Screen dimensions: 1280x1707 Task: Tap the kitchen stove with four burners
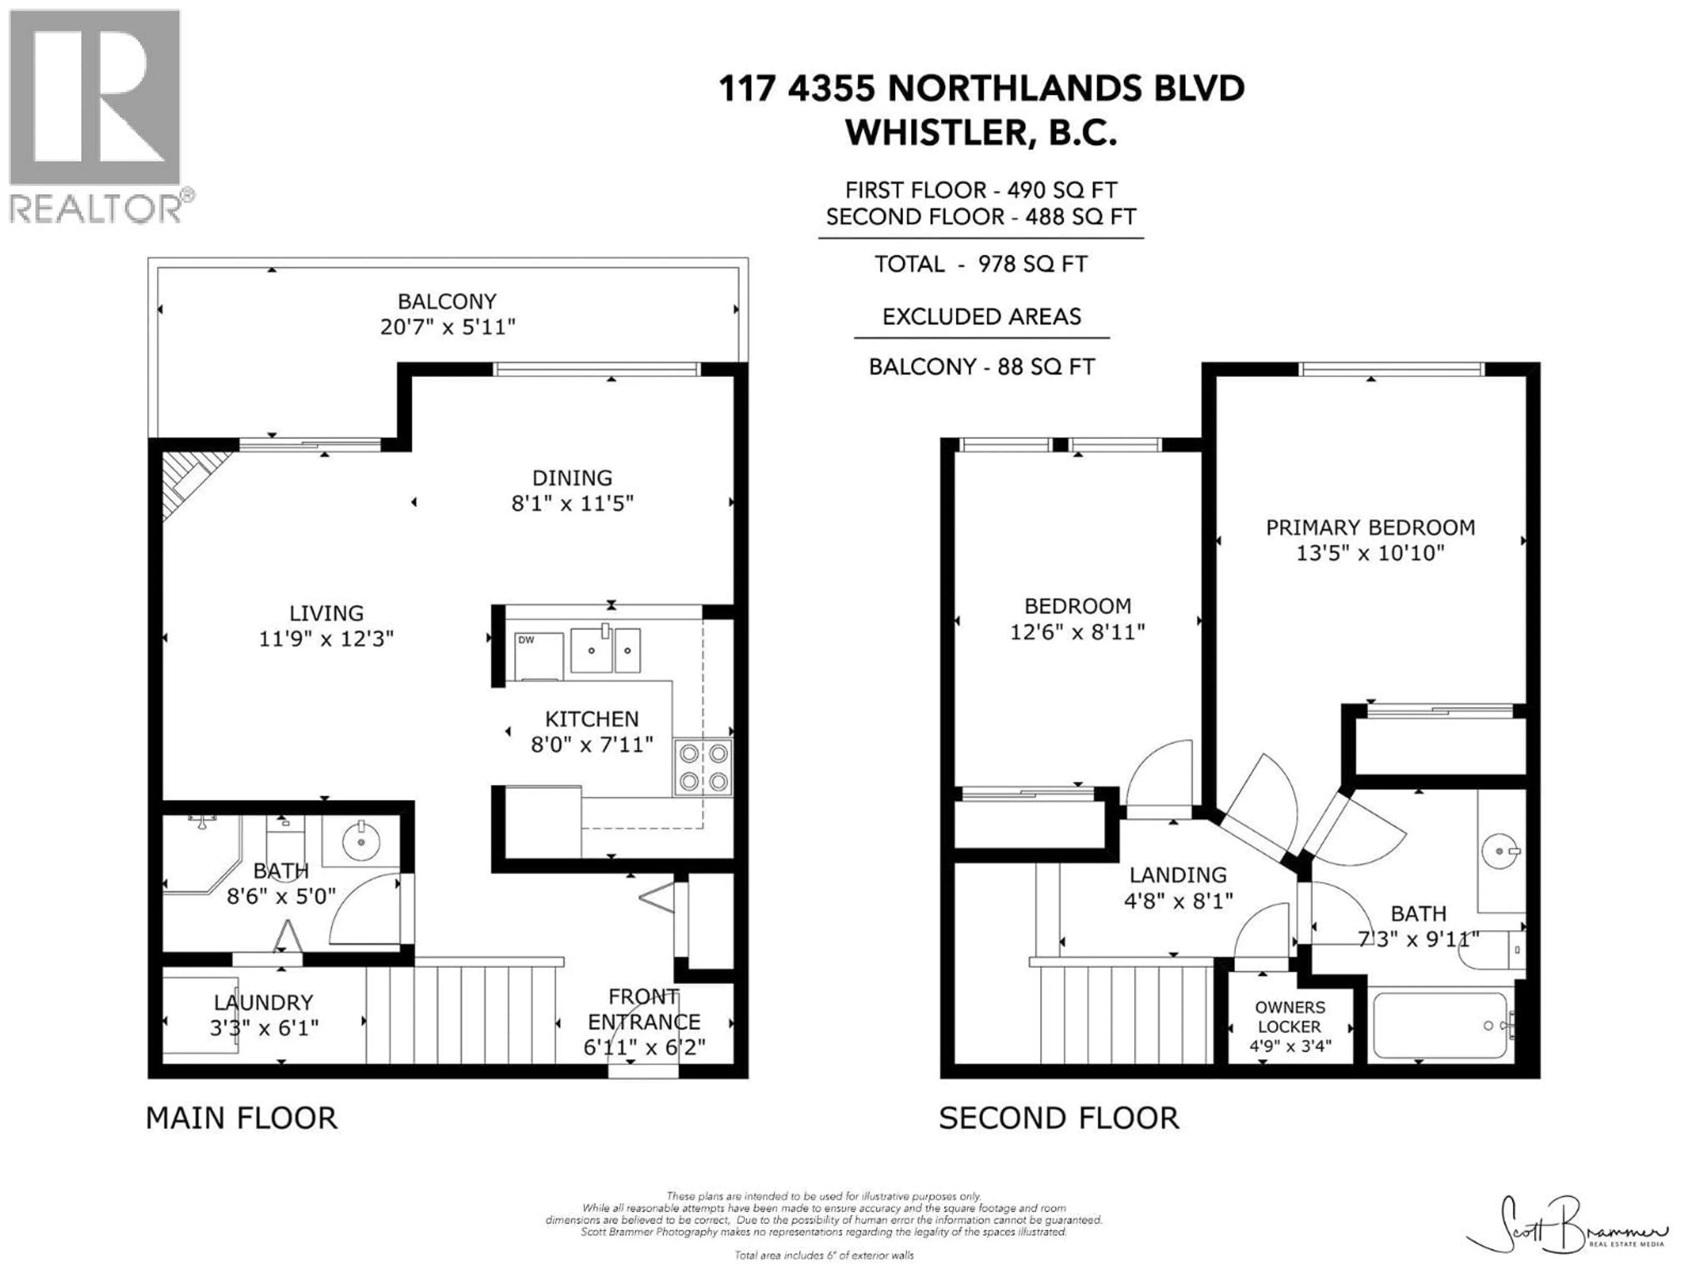[x=702, y=767]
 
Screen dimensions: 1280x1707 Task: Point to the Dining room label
[x=572, y=478]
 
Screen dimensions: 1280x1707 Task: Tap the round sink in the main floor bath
[x=360, y=840]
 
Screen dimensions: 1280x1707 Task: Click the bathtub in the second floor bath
[x=1440, y=1026]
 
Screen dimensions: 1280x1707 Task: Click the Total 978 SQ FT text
[x=980, y=264]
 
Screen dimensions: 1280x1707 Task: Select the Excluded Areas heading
[x=981, y=317]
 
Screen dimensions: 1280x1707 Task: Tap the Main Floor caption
[x=241, y=1118]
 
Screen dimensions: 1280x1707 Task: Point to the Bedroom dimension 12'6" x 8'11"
[x=1077, y=632]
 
